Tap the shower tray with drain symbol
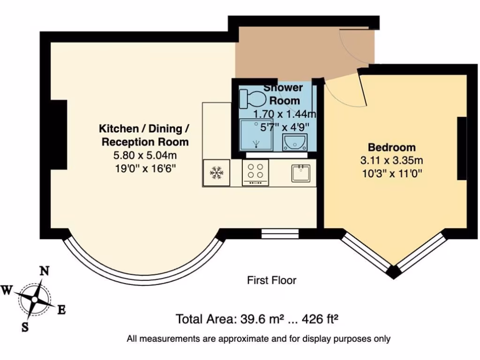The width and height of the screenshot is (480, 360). coord(256,135)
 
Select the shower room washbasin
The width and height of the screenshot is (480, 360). coord(295,142)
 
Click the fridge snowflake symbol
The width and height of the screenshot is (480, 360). coord(216,172)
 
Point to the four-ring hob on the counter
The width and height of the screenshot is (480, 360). coord(255,172)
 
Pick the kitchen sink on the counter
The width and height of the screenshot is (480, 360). coord(300,173)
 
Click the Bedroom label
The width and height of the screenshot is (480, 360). coord(391,147)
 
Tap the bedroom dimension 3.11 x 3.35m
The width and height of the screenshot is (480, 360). coord(391,160)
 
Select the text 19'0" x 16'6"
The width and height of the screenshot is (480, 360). coord(145,168)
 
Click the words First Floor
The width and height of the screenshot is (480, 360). coord(271,280)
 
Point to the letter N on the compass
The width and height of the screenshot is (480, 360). coord(44,271)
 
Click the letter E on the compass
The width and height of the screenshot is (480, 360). coord(61,309)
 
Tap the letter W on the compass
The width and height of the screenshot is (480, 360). coord(7,290)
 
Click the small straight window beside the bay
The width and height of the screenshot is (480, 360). coord(280,233)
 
